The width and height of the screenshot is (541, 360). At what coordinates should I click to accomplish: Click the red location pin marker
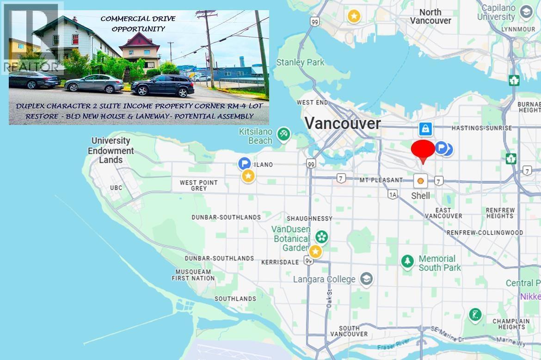click(x=423, y=150)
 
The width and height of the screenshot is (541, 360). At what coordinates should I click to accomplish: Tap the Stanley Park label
click(x=298, y=62)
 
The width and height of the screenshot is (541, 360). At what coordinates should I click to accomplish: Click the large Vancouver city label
click(x=343, y=123)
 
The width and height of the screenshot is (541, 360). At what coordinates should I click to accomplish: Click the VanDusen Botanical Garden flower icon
click(x=322, y=237)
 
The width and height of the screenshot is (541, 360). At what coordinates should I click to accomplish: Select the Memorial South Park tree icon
click(x=407, y=261)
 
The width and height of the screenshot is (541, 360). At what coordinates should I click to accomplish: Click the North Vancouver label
click(x=430, y=16)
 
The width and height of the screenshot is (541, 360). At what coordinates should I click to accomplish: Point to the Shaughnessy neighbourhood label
click(x=309, y=218)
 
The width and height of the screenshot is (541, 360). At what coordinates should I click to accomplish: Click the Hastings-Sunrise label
click(x=475, y=128)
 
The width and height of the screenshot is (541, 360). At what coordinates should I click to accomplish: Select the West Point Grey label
click(x=198, y=186)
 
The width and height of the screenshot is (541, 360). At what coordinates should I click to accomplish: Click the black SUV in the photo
click(x=163, y=86)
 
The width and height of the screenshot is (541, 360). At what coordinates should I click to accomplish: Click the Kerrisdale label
click(x=280, y=262)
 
